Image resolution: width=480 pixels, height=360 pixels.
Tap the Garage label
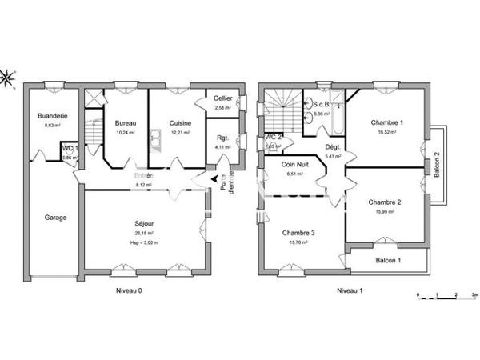(x=55, y=218)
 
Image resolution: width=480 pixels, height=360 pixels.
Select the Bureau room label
(x=126, y=123)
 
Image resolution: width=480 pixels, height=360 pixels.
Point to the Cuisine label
(x=178, y=123)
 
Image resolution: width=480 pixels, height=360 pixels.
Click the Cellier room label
(x=222, y=98)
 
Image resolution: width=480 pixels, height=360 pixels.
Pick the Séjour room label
(x=145, y=225)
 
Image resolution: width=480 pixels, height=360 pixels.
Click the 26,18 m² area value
(x=145, y=234)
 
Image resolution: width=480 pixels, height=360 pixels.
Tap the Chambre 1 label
(x=386, y=122)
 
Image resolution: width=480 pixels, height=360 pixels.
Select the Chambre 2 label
(x=385, y=202)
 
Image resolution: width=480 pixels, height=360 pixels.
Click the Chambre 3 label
(x=298, y=233)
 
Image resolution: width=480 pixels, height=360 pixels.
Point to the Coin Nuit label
(x=296, y=164)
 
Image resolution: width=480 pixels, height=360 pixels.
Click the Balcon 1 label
(x=388, y=261)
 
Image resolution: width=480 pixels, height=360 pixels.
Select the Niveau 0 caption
(x=129, y=290)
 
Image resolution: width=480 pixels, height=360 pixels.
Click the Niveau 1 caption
(x=350, y=290)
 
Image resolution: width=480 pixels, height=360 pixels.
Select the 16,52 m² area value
(x=386, y=132)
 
